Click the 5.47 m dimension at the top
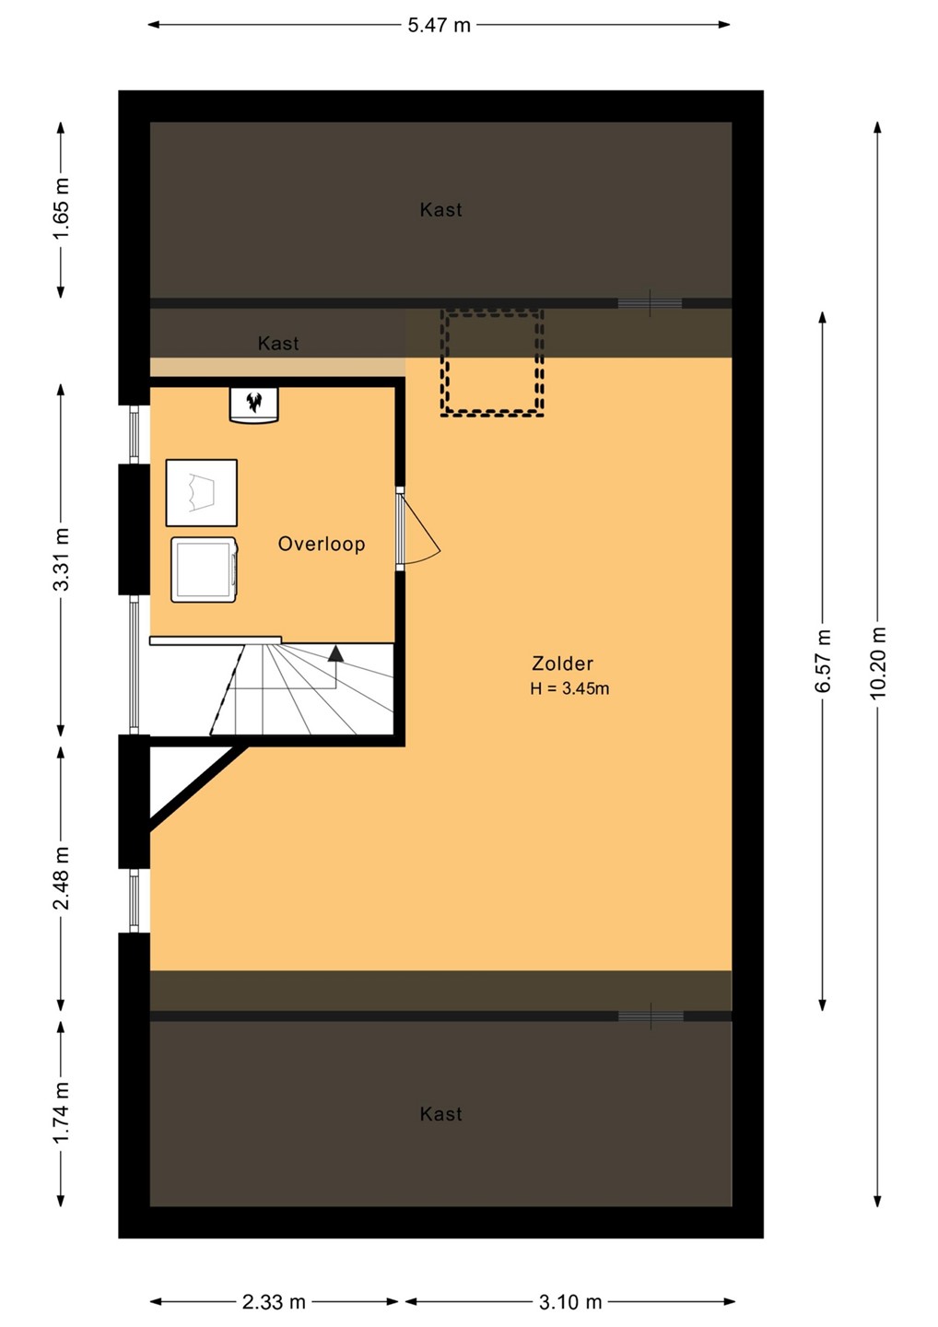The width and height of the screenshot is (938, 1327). (439, 26)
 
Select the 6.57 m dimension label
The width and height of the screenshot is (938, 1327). (823, 660)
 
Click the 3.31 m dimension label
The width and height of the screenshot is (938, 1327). (61, 558)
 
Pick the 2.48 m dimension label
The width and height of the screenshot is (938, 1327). (61, 878)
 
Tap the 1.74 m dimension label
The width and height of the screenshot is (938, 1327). (61, 1112)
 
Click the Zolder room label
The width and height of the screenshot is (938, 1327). (562, 663)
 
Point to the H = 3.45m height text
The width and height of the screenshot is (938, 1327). (569, 688)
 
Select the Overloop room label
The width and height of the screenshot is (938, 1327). (322, 544)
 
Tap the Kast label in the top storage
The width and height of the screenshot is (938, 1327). (440, 210)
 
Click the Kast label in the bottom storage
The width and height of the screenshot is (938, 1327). (440, 1114)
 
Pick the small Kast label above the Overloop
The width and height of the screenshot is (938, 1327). (278, 344)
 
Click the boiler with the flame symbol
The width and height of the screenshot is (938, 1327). (254, 405)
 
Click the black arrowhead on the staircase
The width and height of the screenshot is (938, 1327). (335, 653)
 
